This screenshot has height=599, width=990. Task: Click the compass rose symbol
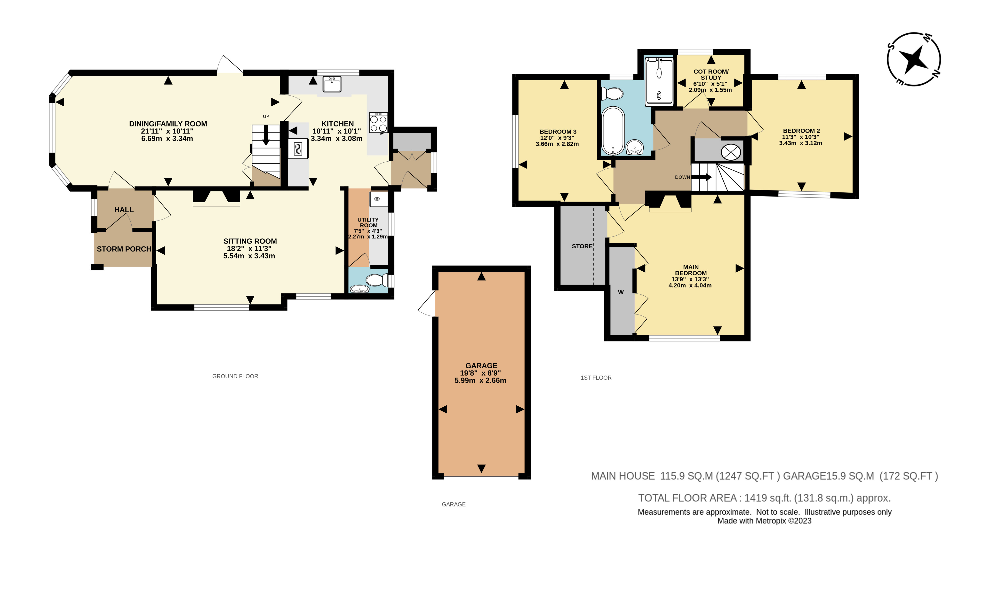914,59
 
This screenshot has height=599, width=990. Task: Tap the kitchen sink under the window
332,84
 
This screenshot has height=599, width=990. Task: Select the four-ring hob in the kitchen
378,123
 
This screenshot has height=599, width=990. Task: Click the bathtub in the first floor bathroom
613,130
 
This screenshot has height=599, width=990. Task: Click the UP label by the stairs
266,117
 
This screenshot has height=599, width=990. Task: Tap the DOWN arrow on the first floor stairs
701,177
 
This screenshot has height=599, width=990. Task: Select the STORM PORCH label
124,249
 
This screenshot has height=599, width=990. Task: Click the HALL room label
124,210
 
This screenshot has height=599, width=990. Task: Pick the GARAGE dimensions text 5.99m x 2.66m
480,380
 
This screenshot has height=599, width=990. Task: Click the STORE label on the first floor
582,246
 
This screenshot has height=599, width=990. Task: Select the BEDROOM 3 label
558,132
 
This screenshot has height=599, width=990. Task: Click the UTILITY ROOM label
368,223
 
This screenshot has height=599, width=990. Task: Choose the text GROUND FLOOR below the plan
235,376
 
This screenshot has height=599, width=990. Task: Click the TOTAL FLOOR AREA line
764,498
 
